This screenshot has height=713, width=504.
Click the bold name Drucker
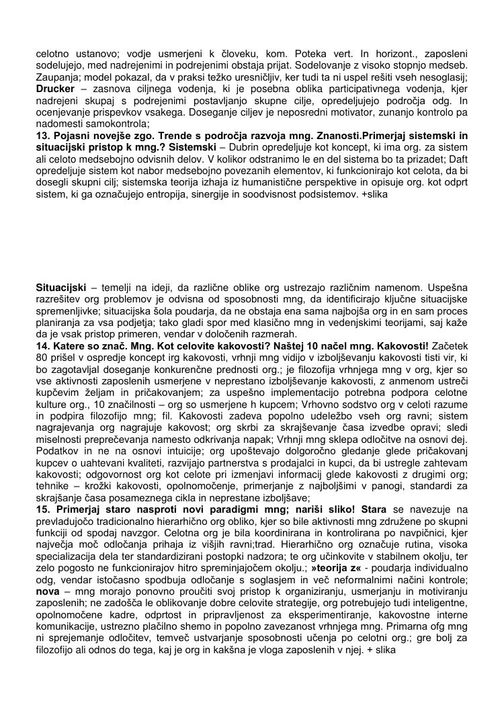pyautogui.click(x=54, y=89)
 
